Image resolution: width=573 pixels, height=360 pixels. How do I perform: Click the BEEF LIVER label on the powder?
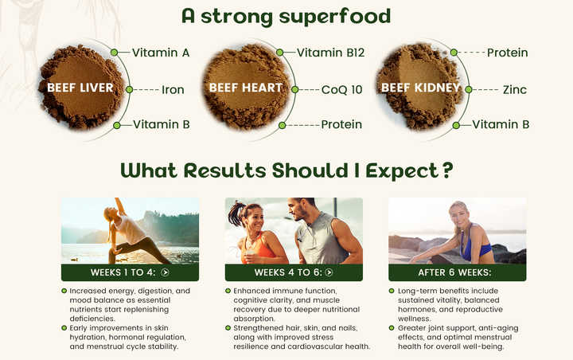click(x=80, y=87)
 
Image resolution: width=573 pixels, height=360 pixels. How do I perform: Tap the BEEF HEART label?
click(x=245, y=87)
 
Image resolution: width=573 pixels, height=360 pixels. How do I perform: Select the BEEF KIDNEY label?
click(x=420, y=87)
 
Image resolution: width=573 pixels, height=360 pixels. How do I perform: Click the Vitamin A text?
click(x=161, y=53)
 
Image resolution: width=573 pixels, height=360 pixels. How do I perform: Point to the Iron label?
click(x=173, y=90)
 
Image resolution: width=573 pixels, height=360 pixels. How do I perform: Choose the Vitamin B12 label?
click(x=330, y=53)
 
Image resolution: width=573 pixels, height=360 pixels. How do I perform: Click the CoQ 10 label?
click(x=341, y=90)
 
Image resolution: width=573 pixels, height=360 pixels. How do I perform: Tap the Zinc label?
click(x=514, y=90)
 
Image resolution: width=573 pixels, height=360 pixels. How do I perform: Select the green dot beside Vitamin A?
click(x=115, y=53)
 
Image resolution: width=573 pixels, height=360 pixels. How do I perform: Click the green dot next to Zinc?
click(x=469, y=90)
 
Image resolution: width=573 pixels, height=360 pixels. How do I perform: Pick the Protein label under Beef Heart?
click(x=341, y=124)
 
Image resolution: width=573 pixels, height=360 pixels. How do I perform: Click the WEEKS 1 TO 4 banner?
click(x=130, y=272)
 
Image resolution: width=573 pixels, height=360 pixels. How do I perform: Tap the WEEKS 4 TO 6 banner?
click(x=294, y=272)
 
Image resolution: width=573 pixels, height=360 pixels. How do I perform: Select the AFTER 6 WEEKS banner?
click(x=457, y=272)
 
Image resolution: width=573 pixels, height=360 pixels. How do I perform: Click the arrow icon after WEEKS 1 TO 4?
click(x=165, y=272)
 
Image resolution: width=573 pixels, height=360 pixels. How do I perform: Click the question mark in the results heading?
click(x=448, y=170)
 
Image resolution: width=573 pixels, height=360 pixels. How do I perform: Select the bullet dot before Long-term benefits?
click(x=392, y=291)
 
